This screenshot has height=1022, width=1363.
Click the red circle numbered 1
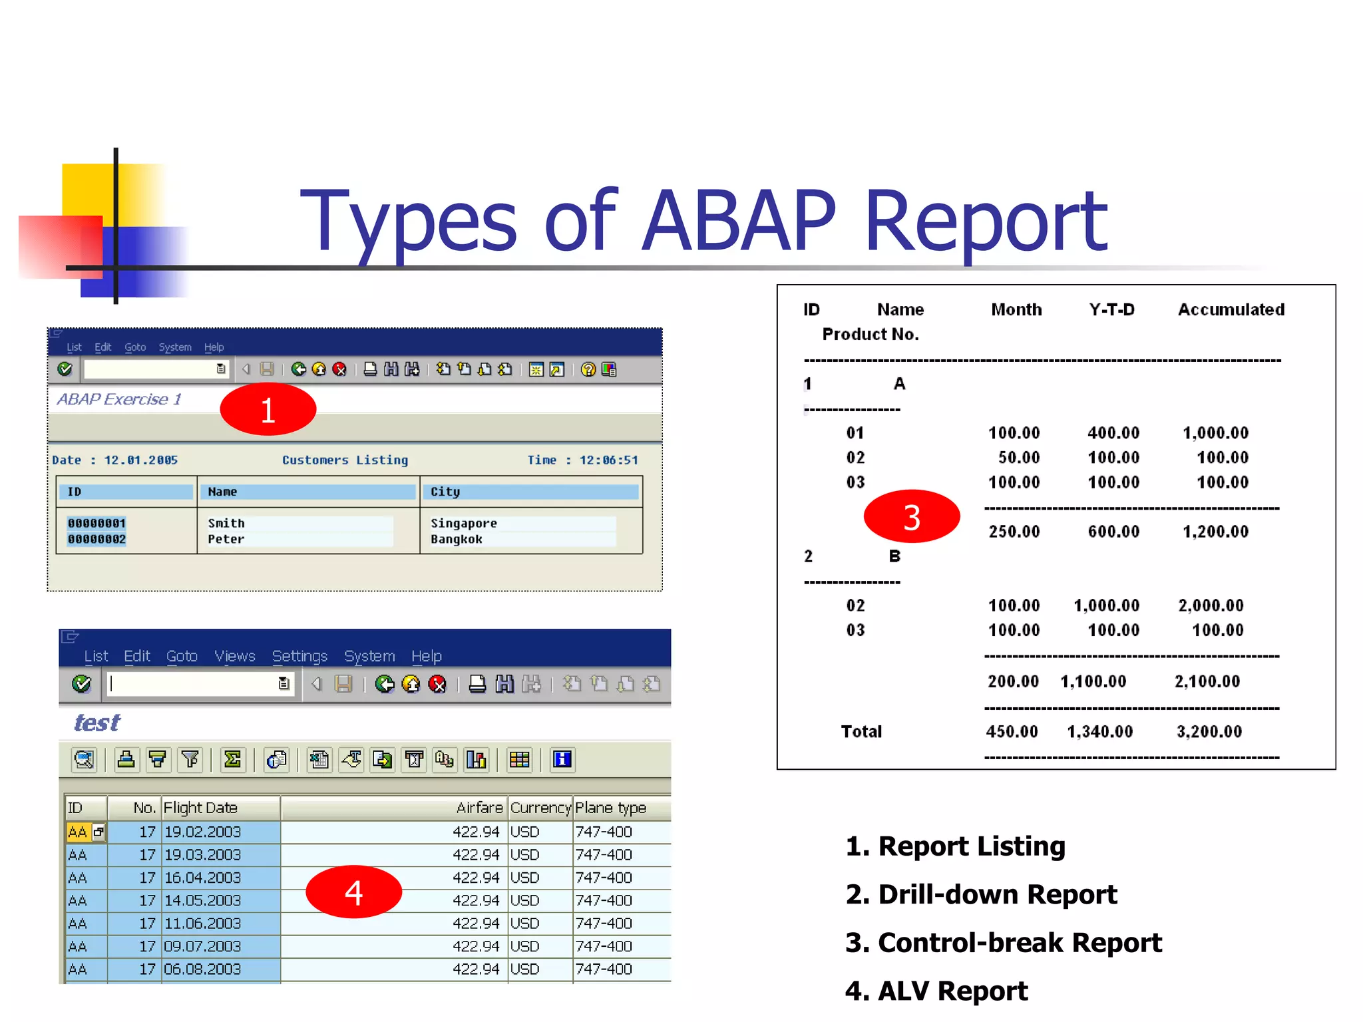click(268, 409)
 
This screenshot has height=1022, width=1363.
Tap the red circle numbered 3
click(911, 517)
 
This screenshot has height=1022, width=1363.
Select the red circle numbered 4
click(353, 892)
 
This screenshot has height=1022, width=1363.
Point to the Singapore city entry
click(463, 523)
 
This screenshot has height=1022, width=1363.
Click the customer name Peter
click(226, 539)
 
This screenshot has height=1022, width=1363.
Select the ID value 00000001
click(97, 523)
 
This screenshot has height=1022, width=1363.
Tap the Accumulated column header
click(1231, 309)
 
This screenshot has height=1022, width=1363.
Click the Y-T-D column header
click(1111, 309)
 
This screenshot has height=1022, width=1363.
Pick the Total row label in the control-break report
click(861, 731)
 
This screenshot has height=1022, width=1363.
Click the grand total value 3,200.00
click(1209, 731)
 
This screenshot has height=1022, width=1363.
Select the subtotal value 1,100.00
click(1093, 681)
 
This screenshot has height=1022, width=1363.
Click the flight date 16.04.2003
click(202, 878)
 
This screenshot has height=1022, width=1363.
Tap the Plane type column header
click(610, 808)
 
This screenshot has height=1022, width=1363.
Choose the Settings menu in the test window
click(299, 656)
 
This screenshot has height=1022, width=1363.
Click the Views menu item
click(234, 656)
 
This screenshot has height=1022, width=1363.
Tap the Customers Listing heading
click(345, 460)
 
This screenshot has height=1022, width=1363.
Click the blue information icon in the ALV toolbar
click(562, 759)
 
